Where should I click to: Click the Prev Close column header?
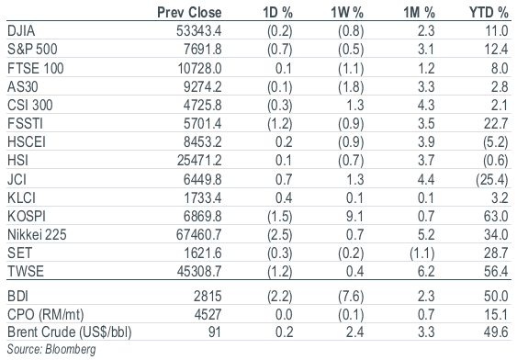point(189,12)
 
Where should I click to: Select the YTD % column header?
point(489,12)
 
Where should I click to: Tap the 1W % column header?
point(347,12)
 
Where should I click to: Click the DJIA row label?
point(21,30)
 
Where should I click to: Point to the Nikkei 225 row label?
point(37,234)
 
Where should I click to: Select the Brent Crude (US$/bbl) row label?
point(70,332)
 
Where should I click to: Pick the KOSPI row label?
point(27,216)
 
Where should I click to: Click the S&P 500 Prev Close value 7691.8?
point(203,49)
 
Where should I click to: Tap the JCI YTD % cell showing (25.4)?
point(492,180)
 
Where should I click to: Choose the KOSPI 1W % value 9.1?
point(354,216)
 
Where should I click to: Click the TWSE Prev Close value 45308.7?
point(199,271)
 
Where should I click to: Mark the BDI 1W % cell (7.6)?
point(351,297)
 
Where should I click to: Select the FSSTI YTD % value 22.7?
point(496,124)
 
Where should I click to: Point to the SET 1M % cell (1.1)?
point(422,253)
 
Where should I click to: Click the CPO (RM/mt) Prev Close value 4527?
point(208,314)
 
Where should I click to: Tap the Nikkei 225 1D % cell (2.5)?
point(279,235)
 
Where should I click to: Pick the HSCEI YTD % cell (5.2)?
point(496,142)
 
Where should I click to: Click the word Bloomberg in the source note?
point(71,350)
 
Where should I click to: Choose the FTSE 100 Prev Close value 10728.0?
point(200,68)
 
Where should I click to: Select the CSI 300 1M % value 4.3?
point(426,106)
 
